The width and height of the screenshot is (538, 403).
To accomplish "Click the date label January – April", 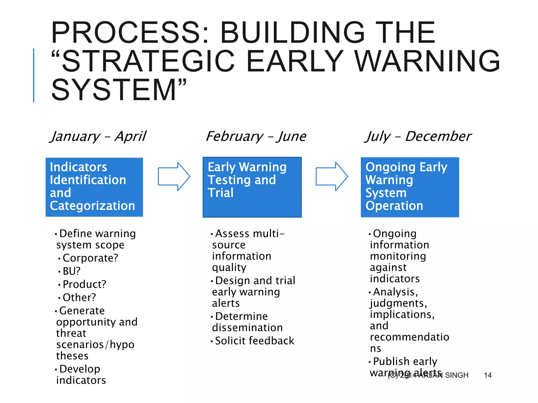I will click(99, 136).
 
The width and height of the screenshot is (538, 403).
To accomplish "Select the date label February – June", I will click(256, 136).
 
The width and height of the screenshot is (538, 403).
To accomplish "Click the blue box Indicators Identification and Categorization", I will click(94, 187).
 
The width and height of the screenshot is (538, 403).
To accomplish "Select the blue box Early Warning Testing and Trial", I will click(252, 187).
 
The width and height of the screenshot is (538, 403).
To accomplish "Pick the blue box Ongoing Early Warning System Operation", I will click(410, 187).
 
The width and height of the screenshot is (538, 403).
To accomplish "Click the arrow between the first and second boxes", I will click(174, 176).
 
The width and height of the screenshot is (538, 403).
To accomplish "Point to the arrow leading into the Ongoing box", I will click(332, 176).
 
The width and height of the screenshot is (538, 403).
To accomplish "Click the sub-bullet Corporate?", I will click(90, 258).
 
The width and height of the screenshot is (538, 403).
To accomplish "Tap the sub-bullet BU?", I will click(71, 271).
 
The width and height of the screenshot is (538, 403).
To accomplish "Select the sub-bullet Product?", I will click(84, 284).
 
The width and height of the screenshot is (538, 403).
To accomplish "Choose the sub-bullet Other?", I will click(79, 298).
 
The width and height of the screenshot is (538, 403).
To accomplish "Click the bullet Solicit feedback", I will click(255, 341).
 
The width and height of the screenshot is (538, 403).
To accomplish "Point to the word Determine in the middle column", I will click(241, 316).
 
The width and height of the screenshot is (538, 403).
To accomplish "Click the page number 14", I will click(488, 375).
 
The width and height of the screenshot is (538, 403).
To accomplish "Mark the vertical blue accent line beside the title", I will click(34, 75).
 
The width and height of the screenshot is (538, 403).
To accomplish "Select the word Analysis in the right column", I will click(394, 292).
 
